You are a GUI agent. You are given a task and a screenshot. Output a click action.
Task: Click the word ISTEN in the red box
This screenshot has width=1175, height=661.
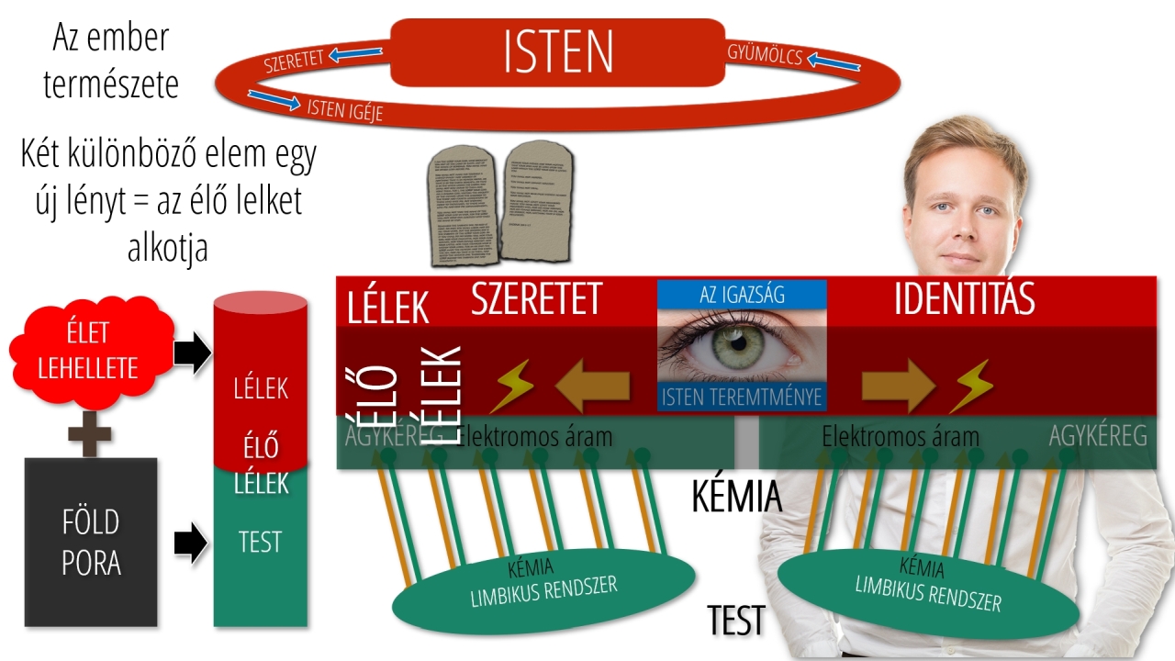click(558, 53)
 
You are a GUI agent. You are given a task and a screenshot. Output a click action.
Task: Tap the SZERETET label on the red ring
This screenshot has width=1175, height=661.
click(294, 62)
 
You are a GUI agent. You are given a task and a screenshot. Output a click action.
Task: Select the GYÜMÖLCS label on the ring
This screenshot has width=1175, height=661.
click(765, 55)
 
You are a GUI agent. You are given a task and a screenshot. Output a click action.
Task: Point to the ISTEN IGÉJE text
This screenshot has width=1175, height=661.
click(344, 109)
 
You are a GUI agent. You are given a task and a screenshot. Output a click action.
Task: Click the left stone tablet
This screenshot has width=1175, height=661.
click(463, 207)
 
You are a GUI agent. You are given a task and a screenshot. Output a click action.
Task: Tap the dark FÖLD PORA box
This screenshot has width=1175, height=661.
click(91, 542)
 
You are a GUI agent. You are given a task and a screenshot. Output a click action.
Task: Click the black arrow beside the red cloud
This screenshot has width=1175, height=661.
click(192, 354)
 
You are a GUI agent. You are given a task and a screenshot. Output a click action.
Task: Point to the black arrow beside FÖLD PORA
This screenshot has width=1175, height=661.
click(190, 543)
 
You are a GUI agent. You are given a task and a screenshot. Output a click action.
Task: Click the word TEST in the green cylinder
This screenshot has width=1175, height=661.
click(260, 542)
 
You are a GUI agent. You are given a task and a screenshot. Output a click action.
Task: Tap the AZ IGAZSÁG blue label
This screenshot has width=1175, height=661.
click(742, 294)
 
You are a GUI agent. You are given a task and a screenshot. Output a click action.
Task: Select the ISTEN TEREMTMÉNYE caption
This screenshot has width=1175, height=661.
click(742, 398)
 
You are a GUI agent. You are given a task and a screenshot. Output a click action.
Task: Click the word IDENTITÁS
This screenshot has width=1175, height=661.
click(964, 299)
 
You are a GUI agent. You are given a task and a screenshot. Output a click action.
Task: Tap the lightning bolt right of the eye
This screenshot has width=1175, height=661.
click(969, 386)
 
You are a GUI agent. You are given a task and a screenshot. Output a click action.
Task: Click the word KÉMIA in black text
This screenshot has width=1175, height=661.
click(736, 497)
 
